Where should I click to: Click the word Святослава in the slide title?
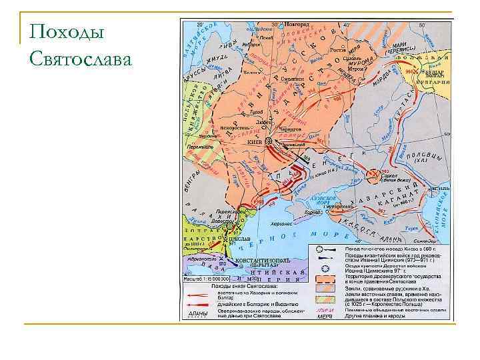click(81, 60)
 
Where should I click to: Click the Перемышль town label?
click(199, 145)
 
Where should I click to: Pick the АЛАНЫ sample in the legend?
click(199, 313)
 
